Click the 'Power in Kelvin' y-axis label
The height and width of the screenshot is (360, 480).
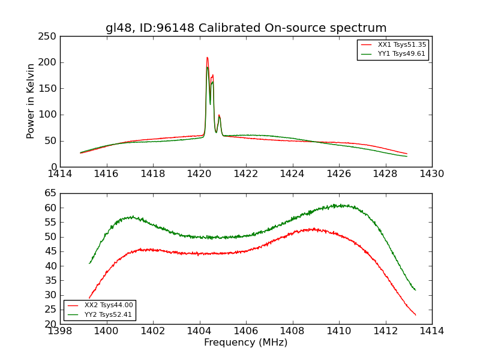tap(31, 101)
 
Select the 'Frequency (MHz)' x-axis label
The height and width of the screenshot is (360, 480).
tap(246, 343)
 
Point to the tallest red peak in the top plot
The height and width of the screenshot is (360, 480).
tap(207, 58)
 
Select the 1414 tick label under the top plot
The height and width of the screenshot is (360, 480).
tap(60, 174)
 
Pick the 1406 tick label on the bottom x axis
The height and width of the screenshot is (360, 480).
tap(246, 331)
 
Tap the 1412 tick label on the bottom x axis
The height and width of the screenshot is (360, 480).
tap(385, 331)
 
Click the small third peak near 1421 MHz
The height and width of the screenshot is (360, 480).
tap(219, 115)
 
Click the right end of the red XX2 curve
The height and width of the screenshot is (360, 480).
tap(415, 315)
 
